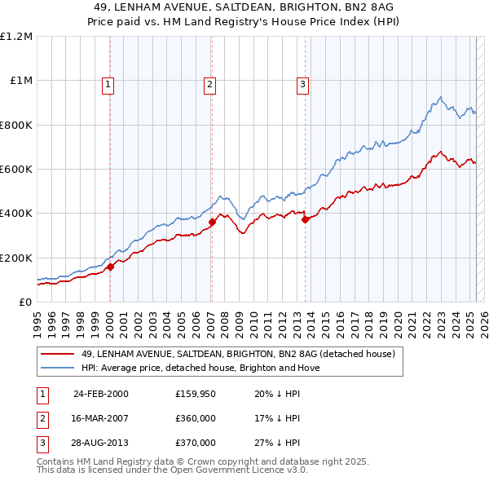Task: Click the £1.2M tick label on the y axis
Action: [15, 37]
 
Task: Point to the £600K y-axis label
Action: [15, 170]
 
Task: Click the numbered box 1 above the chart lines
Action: [109, 83]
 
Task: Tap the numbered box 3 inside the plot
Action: [302, 83]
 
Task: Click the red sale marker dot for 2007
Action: [212, 222]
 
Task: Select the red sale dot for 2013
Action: [305, 219]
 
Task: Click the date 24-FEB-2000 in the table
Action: [100, 395]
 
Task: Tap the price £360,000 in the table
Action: [196, 419]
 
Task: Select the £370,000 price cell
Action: [196, 443]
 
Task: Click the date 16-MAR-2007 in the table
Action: [100, 419]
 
